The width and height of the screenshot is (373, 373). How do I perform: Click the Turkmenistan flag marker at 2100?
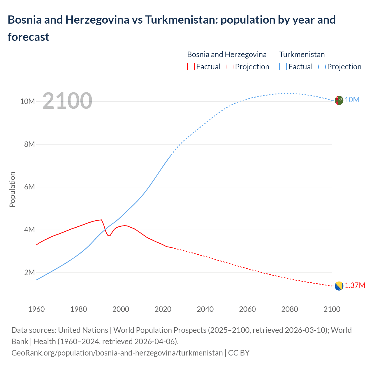[x=339, y=100]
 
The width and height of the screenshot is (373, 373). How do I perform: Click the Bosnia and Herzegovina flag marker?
[x=339, y=286]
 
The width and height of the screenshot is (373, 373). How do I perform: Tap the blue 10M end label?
[x=352, y=100]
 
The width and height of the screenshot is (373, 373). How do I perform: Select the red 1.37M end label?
[x=355, y=285]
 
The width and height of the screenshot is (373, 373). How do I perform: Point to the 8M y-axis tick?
[x=29, y=144]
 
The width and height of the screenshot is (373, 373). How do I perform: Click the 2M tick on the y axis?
[x=29, y=272]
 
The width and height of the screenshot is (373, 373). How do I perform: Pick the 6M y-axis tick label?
[x=29, y=187]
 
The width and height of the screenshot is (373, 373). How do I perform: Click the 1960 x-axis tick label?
[x=36, y=309]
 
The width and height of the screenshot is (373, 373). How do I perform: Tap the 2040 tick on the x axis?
[x=205, y=309]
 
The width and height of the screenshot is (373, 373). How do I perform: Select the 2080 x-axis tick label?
[x=290, y=309]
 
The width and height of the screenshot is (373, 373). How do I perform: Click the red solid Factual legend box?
[x=191, y=67]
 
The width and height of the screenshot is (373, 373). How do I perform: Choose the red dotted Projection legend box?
[x=230, y=67]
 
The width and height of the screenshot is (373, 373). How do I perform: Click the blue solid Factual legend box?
[x=283, y=67]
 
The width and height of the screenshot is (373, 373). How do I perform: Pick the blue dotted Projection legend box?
[x=322, y=67]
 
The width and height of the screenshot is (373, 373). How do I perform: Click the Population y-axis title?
[x=12, y=189]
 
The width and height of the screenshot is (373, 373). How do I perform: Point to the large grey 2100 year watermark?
[x=67, y=101]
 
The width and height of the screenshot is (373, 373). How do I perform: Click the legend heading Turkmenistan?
[x=302, y=54]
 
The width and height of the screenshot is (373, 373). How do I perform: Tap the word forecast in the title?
[x=29, y=37]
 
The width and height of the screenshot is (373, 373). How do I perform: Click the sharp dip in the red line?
[x=109, y=235]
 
